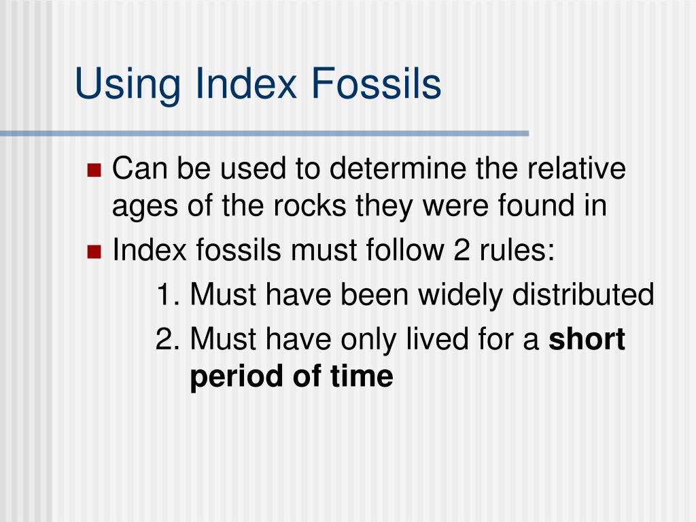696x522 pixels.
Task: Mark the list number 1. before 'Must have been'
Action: (167, 295)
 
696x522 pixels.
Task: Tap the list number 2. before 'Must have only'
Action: (167, 338)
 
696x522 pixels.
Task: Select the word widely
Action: (460, 295)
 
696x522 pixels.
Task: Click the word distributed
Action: (582, 295)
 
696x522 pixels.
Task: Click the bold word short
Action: (587, 338)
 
